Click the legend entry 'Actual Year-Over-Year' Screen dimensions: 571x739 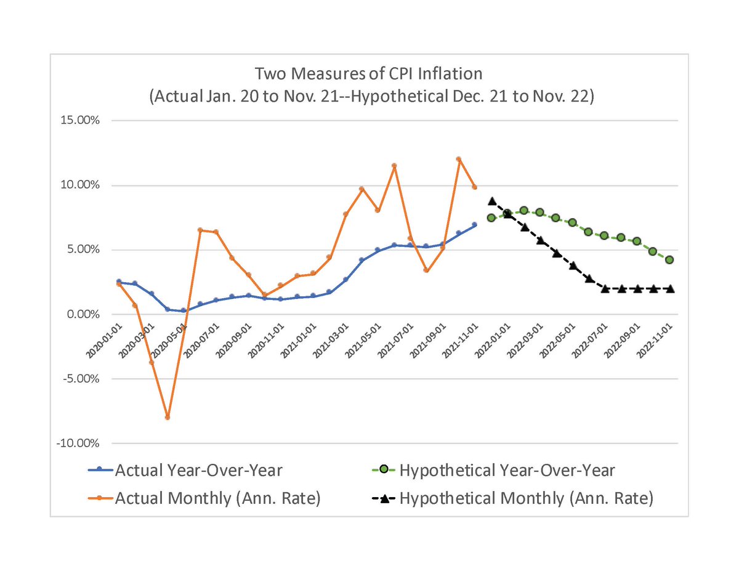[198, 471]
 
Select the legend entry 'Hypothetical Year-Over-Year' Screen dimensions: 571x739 [506, 471]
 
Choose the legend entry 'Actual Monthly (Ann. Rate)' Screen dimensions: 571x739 [217, 498]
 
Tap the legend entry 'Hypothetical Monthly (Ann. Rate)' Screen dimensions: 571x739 [525, 498]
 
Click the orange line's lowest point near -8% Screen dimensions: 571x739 [167, 418]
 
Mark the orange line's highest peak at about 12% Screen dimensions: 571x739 [458, 159]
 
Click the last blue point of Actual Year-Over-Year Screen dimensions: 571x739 [474, 225]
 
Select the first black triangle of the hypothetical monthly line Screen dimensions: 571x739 [491, 201]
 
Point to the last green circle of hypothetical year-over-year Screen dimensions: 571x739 [669, 260]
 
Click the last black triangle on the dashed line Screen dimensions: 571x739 [669, 288]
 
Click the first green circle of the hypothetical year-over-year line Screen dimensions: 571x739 [491, 218]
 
